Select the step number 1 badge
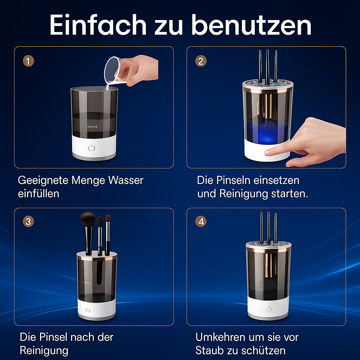pyautogui.click(x=28, y=61)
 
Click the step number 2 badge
pyautogui.click(x=201, y=61)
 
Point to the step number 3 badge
pyautogui.click(x=28, y=222)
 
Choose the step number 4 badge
pyautogui.click(x=201, y=222)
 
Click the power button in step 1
pyautogui.click(x=92, y=147)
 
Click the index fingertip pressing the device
pyautogui.click(x=268, y=152)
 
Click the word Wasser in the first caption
pyautogui.click(x=126, y=181)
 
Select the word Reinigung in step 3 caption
pyautogui.click(x=44, y=351)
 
